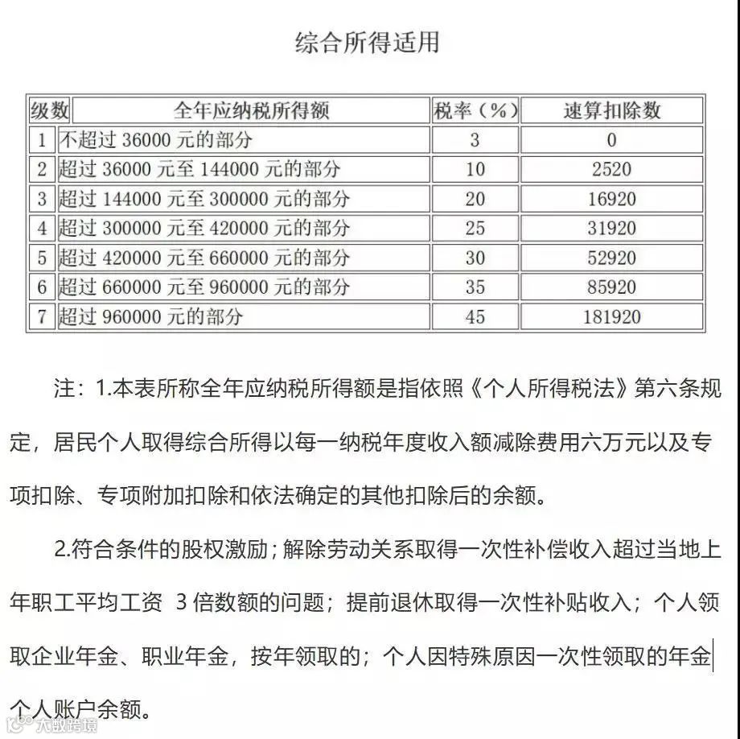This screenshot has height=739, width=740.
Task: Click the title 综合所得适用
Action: point(368,43)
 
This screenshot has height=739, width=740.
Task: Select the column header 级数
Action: point(50,110)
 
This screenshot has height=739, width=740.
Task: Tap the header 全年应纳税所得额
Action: point(252,110)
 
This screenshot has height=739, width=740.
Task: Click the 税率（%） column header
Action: point(475,110)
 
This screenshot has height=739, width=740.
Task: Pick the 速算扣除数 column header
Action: point(611,110)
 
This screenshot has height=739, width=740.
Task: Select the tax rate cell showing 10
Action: point(475,169)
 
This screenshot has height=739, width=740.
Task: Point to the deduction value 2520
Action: point(611,169)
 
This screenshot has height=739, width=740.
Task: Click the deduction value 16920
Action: point(611,199)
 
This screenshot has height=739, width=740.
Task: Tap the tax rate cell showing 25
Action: point(475,228)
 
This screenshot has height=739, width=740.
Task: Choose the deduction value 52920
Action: point(611,258)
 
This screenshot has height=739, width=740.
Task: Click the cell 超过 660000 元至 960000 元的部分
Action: point(204,287)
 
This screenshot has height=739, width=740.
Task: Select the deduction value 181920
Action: point(611,316)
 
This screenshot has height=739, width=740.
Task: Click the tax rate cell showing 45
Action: point(475,316)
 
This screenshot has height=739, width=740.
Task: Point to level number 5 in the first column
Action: point(43,258)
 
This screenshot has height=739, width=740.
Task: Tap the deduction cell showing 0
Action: point(611,140)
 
